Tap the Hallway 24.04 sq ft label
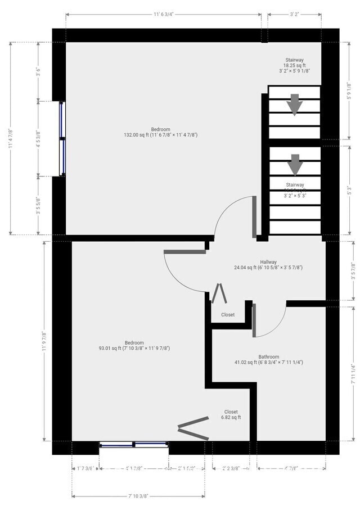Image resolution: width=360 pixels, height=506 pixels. coord(268,265)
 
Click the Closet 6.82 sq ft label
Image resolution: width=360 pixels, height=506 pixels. coord(231,414)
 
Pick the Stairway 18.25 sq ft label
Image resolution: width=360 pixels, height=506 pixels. coord(294,65)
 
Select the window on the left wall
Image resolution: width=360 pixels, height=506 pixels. coord(62,138)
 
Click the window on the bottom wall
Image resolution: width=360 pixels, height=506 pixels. coord(134,444)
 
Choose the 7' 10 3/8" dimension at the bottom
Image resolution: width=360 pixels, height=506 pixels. coord(138,496)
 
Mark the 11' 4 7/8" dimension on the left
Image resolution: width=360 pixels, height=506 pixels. coord(11,137)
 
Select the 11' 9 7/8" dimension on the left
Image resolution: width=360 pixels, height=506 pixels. coord(43,341)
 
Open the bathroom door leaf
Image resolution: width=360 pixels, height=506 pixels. coord(254,320)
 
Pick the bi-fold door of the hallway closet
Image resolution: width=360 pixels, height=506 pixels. coord(218,293)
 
